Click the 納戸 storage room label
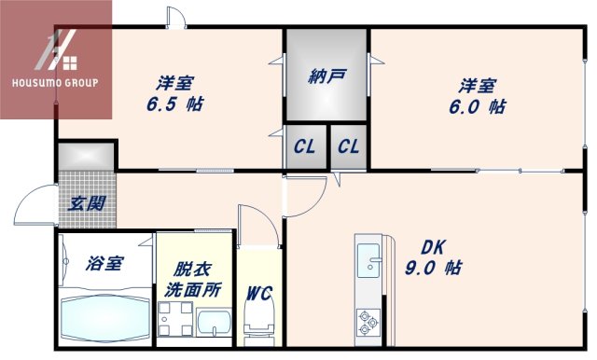(x=326, y=76)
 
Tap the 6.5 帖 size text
(x=175, y=104)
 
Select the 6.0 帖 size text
(x=482, y=107)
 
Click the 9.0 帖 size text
(x=436, y=269)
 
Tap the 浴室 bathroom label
(x=105, y=263)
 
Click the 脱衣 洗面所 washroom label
(x=193, y=278)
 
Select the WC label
(x=258, y=294)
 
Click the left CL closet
(x=305, y=146)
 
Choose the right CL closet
(x=349, y=146)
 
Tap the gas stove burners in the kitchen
(x=367, y=324)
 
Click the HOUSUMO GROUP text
(x=55, y=82)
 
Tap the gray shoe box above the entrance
(x=87, y=155)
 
